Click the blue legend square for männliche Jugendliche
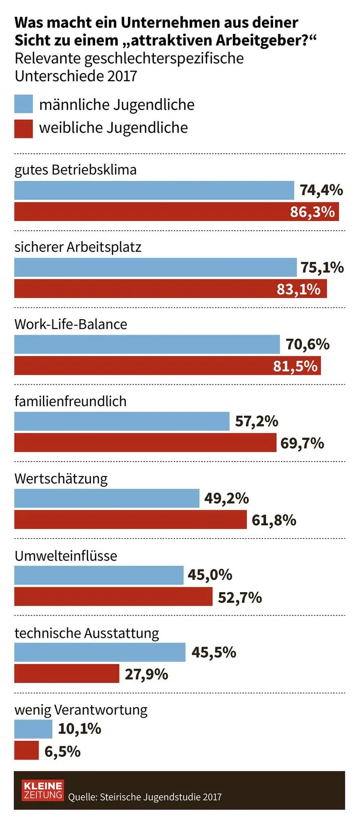click(x=24, y=104)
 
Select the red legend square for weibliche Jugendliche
click(x=24, y=128)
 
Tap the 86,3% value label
click(x=312, y=212)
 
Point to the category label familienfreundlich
click(x=70, y=401)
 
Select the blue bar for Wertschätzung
click(x=106, y=498)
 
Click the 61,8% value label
click(x=274, y=520)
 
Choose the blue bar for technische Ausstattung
click(x=100, y=652)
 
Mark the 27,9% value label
click(x=147, y=674)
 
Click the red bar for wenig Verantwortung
click(x=26, y=751)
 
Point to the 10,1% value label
click(x=80, y=729)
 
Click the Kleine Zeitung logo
click(x=43, y=790)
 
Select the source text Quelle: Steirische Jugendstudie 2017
click(x=145, y=797)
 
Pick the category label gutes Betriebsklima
click(x=76, y=170)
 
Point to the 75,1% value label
click(x=322, y=267)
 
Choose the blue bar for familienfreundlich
click(x=122, y=421)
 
